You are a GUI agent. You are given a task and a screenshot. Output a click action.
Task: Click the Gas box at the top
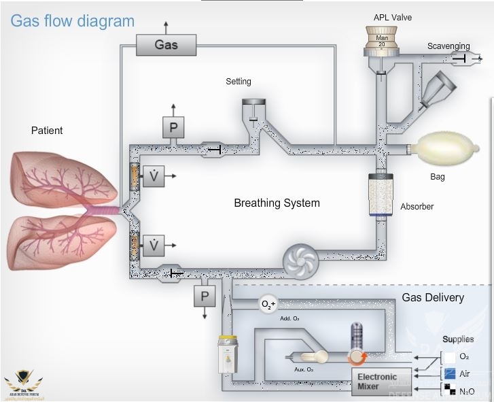[166, 45]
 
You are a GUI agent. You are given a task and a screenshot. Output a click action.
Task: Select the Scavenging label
[448, 46]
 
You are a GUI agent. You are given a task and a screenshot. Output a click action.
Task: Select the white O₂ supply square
[449, 356]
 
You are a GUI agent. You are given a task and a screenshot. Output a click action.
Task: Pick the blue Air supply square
[449, 373]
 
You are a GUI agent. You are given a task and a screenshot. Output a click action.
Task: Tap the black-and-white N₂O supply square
[449, 390]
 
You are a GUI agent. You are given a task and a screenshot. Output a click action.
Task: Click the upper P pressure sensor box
[173, 127]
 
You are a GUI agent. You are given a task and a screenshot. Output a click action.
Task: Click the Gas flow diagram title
[72, 20]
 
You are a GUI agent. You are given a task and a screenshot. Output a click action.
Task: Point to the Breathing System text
[277, 203]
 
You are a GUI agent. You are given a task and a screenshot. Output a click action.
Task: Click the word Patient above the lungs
[47, 130]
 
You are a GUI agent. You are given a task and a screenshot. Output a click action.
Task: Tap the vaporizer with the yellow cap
[226, 354]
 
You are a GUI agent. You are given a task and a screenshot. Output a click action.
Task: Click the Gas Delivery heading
[433, 297]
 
